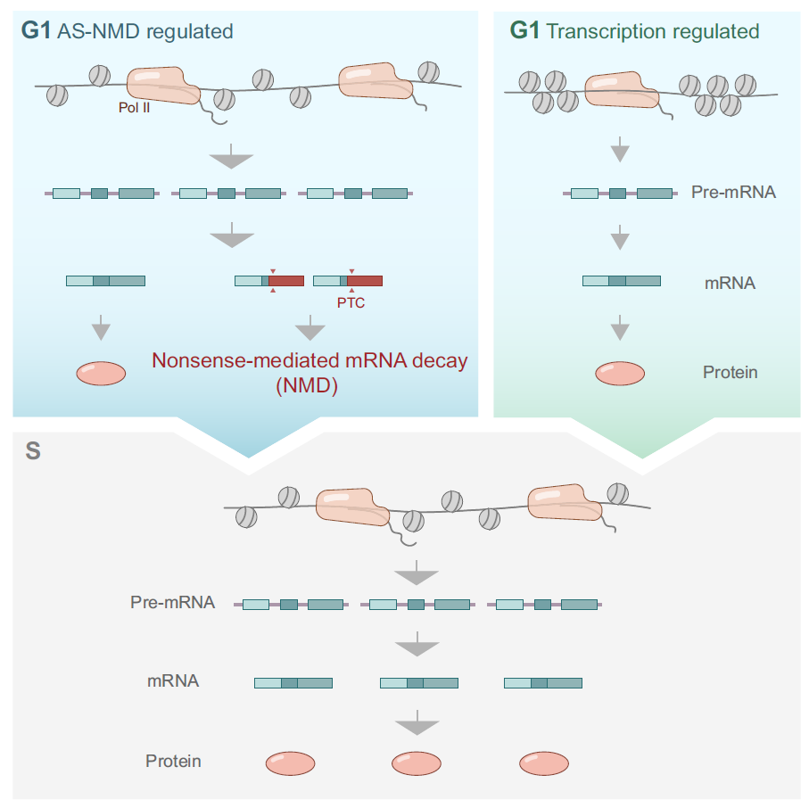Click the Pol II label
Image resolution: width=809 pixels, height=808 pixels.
pos(135,107)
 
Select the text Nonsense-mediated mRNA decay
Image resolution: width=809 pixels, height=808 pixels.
pos(310,362)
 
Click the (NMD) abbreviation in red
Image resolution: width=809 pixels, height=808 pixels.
pos(310,387)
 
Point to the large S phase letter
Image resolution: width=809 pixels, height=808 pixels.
pos(33,450)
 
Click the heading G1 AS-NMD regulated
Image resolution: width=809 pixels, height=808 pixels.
pos(127,32)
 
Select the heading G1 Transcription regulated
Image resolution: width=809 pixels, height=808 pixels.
pos(634,32)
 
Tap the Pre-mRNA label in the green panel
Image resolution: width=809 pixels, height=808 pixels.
pos(733,192)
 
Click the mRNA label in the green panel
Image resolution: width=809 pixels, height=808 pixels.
pos(730,284)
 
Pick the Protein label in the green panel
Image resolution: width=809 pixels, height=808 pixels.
pos(730,372)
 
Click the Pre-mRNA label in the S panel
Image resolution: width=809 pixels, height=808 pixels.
pos(172,602)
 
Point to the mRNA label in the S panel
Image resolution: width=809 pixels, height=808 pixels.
pos(173,681)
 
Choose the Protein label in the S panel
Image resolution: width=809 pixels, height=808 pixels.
pos(173,761)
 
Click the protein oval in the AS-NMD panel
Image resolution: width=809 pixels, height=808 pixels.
pos(101,373)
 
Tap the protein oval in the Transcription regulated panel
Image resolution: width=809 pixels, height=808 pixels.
pos(620,373)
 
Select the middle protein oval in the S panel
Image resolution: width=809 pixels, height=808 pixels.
pos(417,763)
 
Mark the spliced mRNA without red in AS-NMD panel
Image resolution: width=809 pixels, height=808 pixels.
pos(105,281)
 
